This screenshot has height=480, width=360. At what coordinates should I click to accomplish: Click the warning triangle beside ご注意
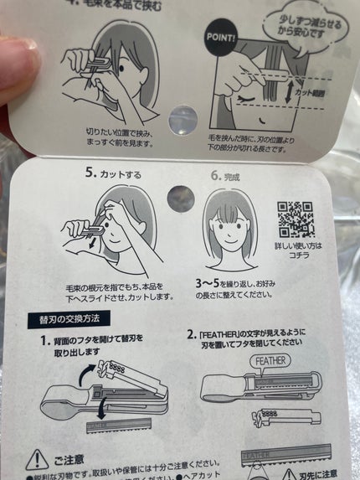pyautogui.click(x=37, y=460)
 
